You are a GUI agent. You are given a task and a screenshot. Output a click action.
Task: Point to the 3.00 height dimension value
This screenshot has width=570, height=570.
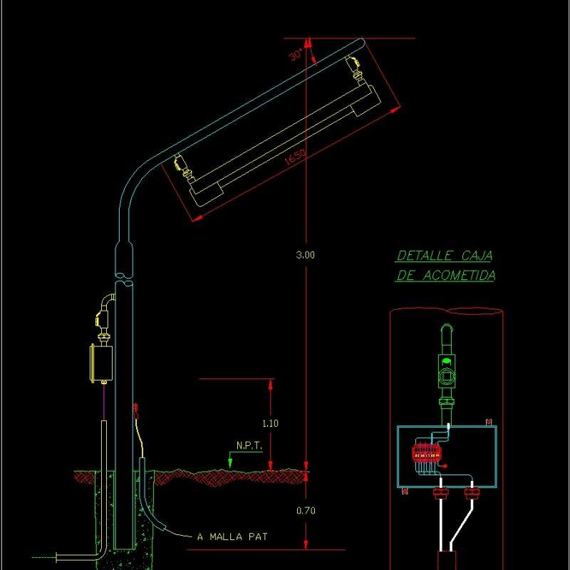(x=305, y=255)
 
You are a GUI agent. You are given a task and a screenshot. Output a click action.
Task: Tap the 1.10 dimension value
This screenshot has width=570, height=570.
(x=270, y=423)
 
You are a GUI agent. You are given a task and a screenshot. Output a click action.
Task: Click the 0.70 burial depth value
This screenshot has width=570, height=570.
(x=305, y=510)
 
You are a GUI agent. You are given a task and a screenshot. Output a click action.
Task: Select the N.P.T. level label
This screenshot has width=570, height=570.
(x=249, y=446)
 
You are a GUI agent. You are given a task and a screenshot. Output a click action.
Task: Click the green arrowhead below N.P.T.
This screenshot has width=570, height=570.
(x=230, y=462)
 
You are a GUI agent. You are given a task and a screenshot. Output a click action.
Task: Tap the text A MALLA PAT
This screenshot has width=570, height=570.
(x=232, y=537)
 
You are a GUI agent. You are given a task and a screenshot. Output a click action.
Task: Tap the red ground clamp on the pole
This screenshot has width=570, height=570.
(x=135, y=410)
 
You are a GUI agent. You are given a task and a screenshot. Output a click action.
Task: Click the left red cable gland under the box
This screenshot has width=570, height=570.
(x=438, y=492)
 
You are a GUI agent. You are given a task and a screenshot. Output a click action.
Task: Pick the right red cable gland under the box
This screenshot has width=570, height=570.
(x=470, y=492)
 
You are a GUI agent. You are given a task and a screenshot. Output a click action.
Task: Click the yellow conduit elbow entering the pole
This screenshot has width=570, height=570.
(x=105, y=303)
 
